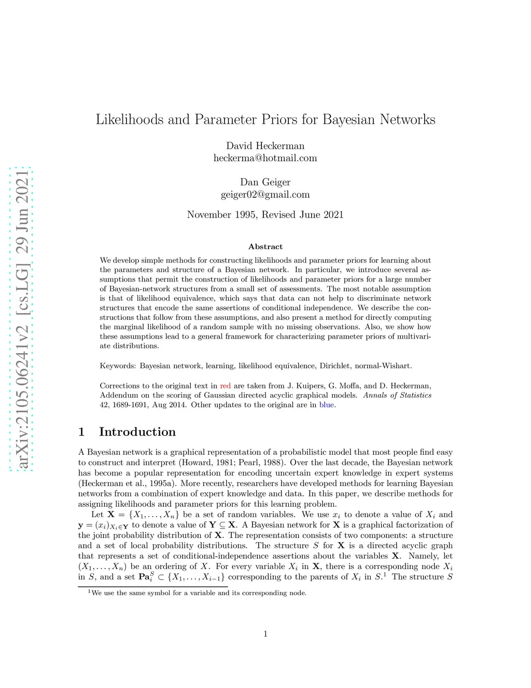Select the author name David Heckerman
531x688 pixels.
coord(265,146)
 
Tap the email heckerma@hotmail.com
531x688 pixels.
coord(265,158)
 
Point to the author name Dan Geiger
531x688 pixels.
coord(265,182)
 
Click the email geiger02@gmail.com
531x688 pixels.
coord(265,195)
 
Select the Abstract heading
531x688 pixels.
coord(265,247)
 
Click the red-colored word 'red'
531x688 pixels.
coord(225,386)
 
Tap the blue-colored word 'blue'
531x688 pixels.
coord(326,405)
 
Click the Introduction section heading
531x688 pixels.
coord(137,432)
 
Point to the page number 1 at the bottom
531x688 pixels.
coord(265,633)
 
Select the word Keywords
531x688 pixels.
coord(118,366)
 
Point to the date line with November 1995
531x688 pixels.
coord(265,215)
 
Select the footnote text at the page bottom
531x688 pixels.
coord(198,593)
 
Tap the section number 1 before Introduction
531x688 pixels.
coord(81,432)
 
